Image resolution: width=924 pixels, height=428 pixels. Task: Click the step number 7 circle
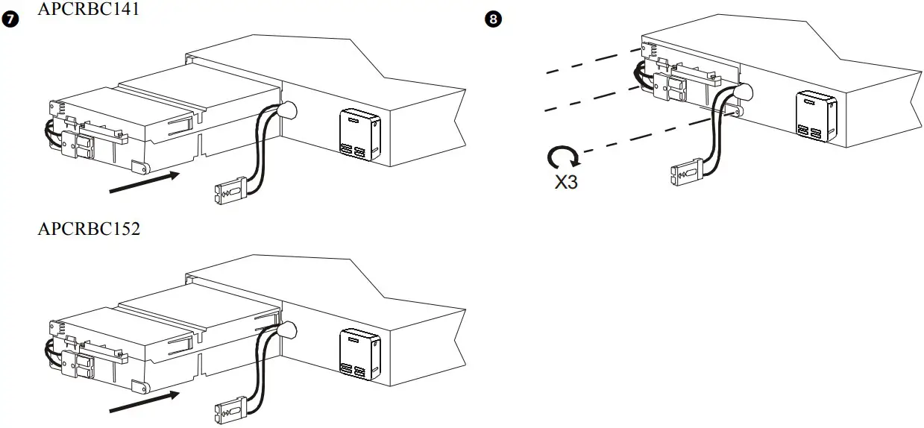[10, 20]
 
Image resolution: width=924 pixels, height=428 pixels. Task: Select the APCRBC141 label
[88, 9]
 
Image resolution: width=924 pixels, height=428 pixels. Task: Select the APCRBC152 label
[88, 228]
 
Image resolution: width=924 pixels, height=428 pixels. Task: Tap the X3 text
[566, 181]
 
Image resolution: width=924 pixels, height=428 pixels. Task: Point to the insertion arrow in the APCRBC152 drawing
[145, 399]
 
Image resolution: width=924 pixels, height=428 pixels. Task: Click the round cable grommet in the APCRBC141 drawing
[286, 111]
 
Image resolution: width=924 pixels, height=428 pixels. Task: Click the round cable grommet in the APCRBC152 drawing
[286, 329]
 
